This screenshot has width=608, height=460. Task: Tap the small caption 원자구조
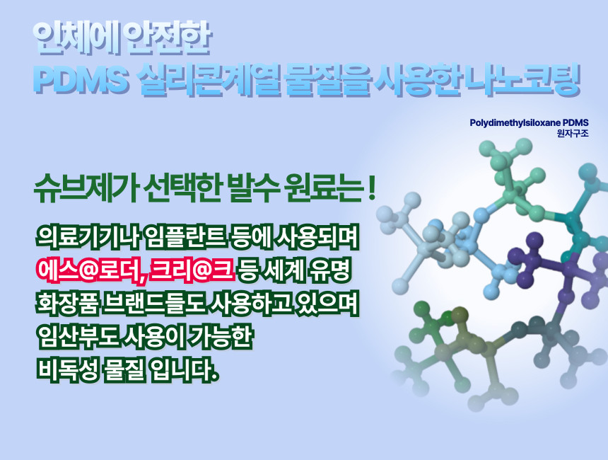(573, 134)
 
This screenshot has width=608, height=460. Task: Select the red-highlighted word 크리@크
(191, 269)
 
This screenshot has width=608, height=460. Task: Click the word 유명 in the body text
(330, 269)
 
